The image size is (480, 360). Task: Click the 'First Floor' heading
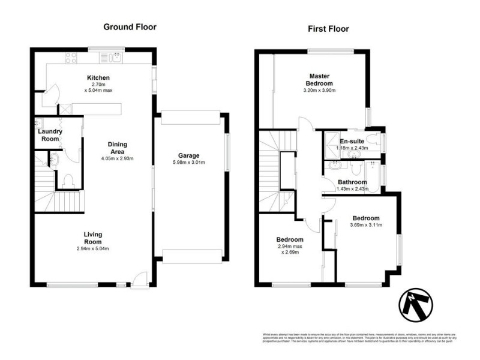coord(328,28)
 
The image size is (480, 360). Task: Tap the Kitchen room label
coord(98,78)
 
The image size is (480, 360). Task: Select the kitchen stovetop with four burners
coord(71,58)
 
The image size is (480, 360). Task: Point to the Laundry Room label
coord(49,134)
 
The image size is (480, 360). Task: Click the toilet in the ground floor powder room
coord(68,180)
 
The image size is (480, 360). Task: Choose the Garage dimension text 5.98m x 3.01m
coord(188,163)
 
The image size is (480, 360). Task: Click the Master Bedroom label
coord(319,79)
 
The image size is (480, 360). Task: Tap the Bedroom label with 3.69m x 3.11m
coord(365,218)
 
